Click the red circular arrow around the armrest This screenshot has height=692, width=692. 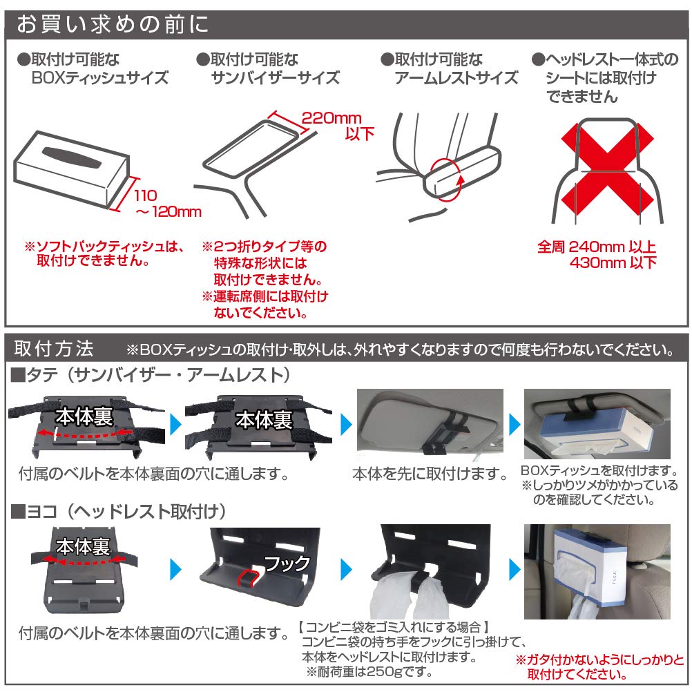(447, 178)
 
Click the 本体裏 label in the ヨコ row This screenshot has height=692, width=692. (83, 548)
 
